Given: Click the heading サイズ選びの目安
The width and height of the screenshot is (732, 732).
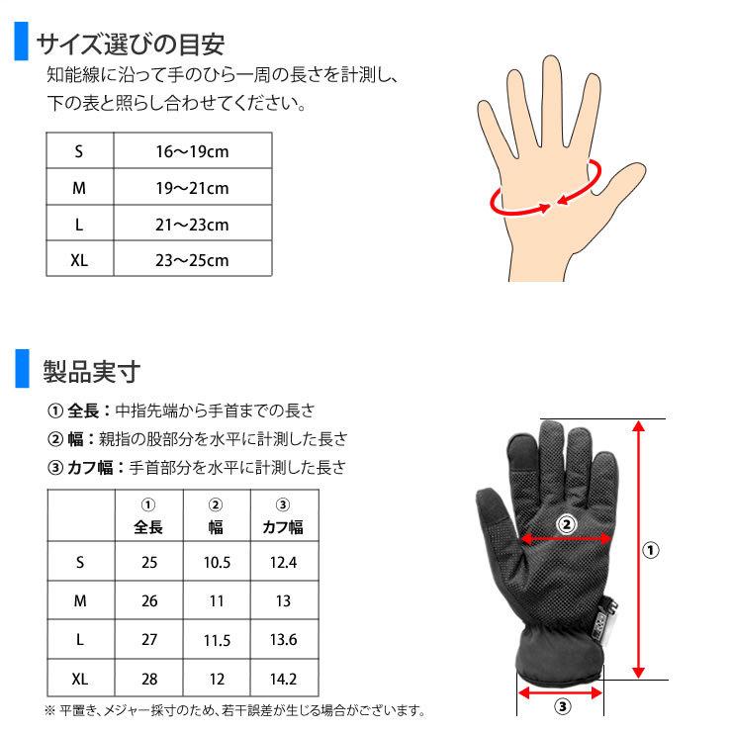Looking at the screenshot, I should click(x=131, y=45).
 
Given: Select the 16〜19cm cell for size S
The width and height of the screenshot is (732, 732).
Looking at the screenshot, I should click(x=192, y=151).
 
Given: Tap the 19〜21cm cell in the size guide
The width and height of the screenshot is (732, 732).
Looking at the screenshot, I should click(x=192, y=188).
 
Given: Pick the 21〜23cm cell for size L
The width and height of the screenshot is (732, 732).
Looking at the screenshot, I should click(x=192, y=225).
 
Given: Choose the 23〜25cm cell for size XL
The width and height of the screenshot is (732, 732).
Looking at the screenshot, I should click(x=192, y=261).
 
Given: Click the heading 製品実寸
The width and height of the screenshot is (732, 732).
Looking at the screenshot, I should click(x=91, y=372).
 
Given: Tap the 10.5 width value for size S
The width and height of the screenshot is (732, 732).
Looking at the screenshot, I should click(x=217, y=562).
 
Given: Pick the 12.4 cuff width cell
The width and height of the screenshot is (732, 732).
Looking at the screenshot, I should click(x=283, y=562).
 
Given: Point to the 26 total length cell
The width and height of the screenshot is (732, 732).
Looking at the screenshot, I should click(x=149, y=600).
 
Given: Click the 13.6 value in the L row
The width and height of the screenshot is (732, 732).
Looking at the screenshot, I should click(x=283, y=639).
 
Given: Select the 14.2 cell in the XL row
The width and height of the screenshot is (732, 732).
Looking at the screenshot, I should click(x=283, y=679).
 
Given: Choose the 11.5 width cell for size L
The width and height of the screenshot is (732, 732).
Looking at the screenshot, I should click(x=217, y=639).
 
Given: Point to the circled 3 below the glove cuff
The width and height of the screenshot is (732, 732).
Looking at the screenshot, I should click(x=560, y=706).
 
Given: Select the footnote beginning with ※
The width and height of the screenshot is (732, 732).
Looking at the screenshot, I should click(x=235, y=710).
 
